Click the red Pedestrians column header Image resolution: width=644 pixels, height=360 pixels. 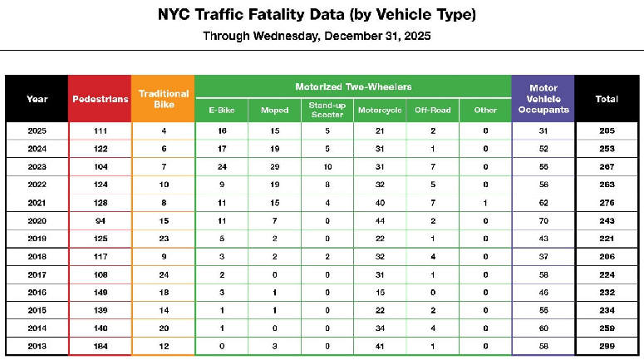pos(100,99)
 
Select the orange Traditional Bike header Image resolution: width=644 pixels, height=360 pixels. pos(163,99)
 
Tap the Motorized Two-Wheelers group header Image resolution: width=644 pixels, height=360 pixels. pos(352,86)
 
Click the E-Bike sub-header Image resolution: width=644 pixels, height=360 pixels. pos(221,110)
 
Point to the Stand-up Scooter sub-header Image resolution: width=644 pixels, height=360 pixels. pos(327,110)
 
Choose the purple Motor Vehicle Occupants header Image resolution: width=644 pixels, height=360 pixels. pos(543,99)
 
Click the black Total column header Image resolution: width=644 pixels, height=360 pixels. pos(607,99)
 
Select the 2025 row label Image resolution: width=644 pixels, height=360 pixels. pos(37,131)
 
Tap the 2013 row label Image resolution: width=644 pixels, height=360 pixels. pos(37,345)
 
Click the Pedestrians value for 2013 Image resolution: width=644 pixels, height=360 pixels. pos(100,345)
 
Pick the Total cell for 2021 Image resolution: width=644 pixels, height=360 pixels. pos(607,202)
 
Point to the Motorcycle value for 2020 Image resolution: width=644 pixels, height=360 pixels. pos(379,220)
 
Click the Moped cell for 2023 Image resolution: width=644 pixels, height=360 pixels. pos(274,166)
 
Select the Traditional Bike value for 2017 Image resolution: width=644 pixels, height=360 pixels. pos(163,274)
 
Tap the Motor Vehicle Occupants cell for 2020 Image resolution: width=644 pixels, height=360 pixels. pos(543,220)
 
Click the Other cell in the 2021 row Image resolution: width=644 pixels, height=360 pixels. pos(484,202)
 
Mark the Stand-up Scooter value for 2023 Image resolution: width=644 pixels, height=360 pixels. pos(327,166)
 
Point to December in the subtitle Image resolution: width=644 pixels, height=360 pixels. pos(352,37)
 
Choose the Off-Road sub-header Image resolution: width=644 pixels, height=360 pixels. pos(432,110)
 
